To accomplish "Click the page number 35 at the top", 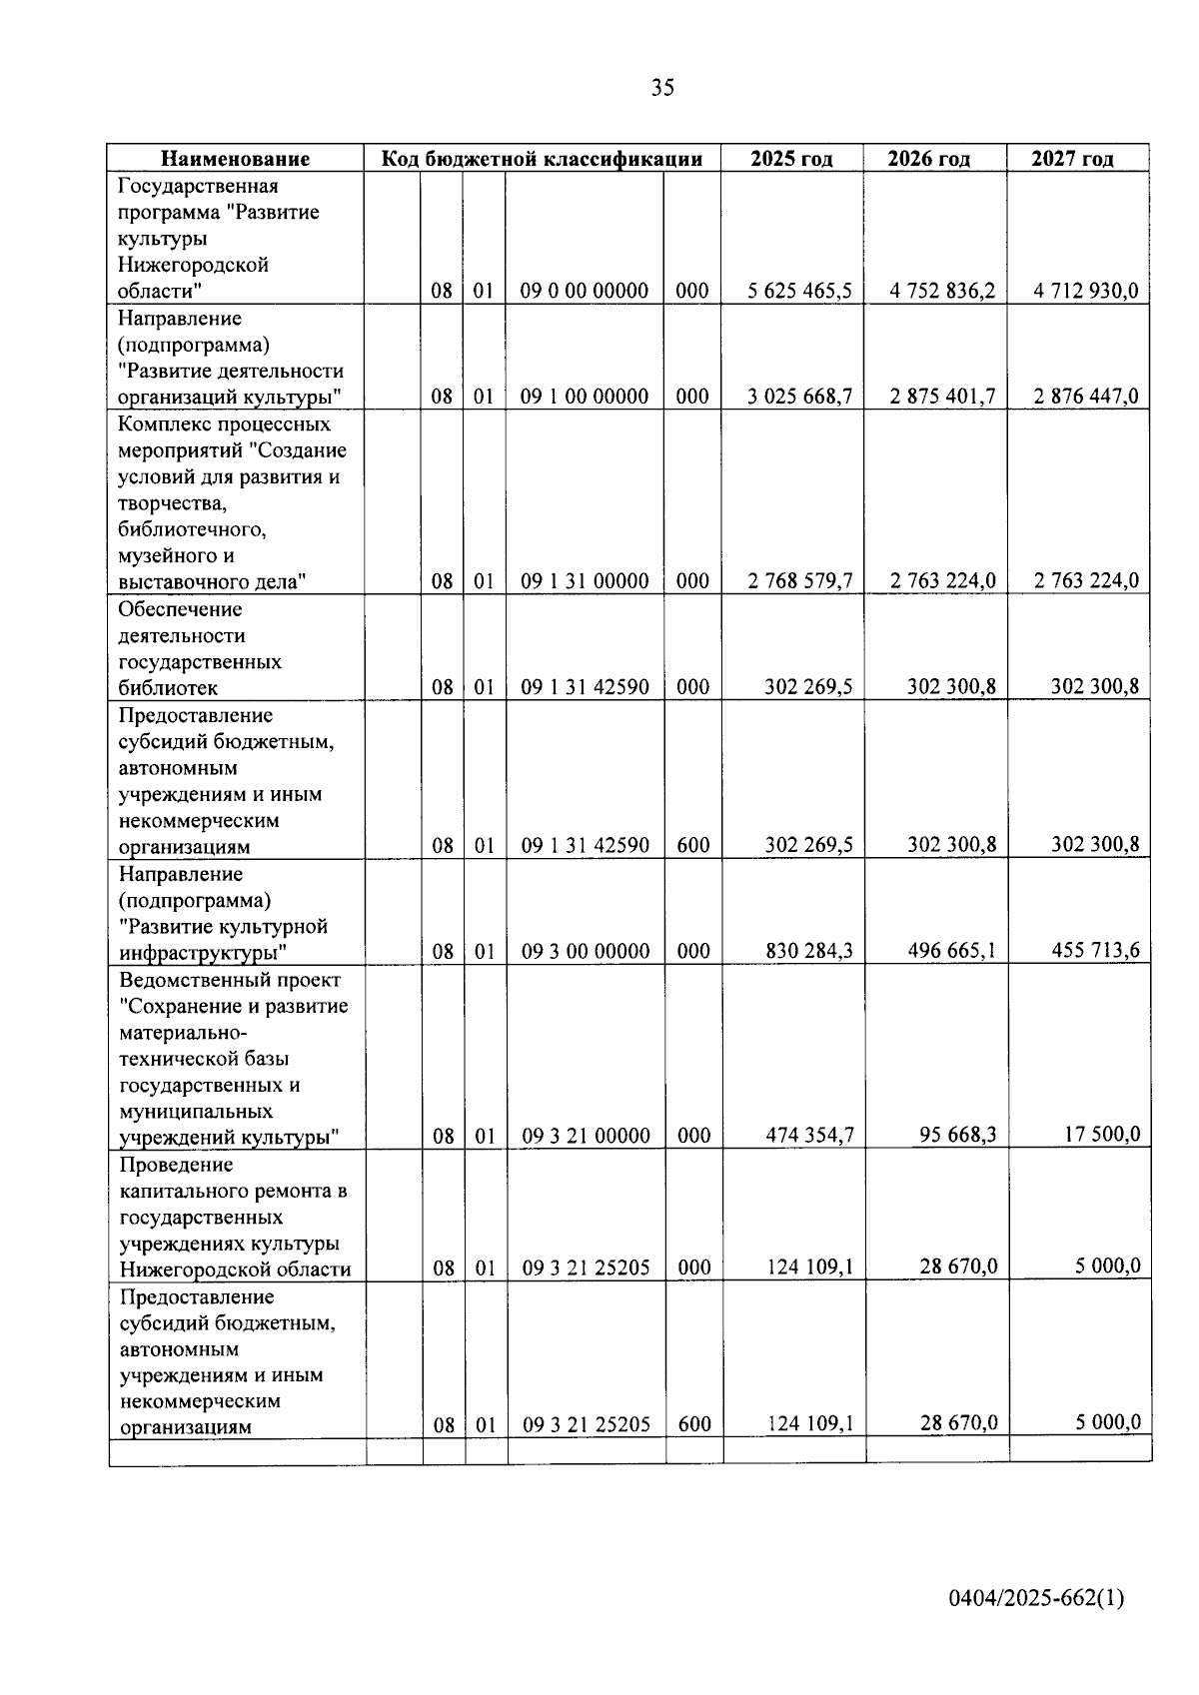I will pos(662,88).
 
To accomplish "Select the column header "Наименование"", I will pos(236,159).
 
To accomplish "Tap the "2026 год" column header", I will pos(929,159).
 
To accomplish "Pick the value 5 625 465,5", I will pos(800,292).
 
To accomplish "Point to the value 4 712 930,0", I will pos(1086,292).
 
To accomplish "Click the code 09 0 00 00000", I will pos(585,292).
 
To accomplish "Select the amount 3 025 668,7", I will pos(800,397).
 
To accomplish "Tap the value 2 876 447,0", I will pos(1086,397).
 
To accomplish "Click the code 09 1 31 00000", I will pos(585,581).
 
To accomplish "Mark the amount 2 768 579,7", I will pos(800,581).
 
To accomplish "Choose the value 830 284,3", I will pos(809,951).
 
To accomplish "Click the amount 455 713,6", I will pos(1095,951).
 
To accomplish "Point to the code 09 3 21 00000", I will pos(586,1136).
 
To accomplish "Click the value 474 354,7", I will pos(809,1136).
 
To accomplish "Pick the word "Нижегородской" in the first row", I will pos(193,266).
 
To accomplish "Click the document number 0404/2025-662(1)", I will pos(1036,1598).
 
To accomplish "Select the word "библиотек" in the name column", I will pos(168,688).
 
